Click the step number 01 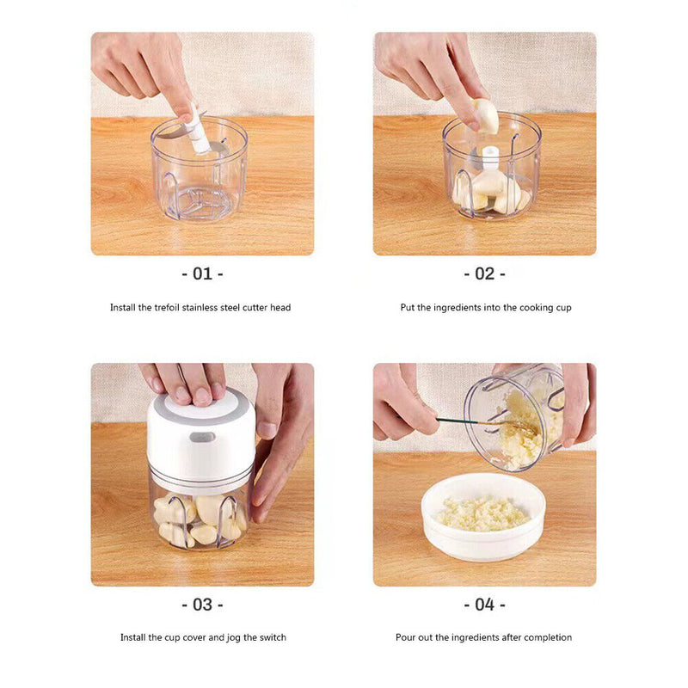coord(202,273)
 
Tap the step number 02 coord(484,273)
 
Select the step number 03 coord(202,605)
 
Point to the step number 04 coord(484,605)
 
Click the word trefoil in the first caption coord(167,307)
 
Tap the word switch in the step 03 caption coord(273,637)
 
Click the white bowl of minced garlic coord(483,517)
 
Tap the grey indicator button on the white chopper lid coord(202,437)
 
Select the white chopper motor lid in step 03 coord(201,435)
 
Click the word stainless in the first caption coord(200,307)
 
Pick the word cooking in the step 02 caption coord(537,308)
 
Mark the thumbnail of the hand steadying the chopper coord(267,430)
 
